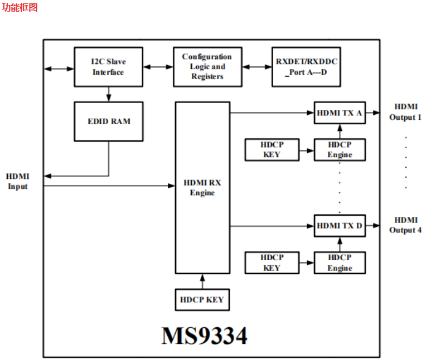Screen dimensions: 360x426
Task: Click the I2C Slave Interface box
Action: tap(108, 67)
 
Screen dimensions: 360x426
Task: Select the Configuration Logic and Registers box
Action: tap(207, 67)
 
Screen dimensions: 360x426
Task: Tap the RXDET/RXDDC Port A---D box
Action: tap(306, 67)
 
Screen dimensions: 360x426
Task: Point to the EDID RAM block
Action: tap(108, 121)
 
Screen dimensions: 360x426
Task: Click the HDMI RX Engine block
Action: tap(202, 187)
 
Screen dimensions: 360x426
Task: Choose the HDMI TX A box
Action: tap(339, 113)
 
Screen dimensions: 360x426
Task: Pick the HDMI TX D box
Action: tap(339, 226)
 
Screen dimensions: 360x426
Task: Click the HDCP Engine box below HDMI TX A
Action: tap(339, 149)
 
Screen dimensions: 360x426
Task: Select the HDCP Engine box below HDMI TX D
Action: tap(339, 262)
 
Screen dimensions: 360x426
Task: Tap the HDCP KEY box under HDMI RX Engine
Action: tap(202, 300)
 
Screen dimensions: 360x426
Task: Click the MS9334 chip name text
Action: tap(204, 336)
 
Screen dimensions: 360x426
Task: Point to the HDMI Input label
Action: tap(18, 182)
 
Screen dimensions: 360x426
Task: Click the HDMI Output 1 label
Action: tap(405, 112)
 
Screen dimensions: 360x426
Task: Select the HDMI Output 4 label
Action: tap(405, 225)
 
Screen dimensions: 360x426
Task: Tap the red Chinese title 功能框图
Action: tap(20, 8)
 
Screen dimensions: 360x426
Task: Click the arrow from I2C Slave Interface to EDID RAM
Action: tap(108, 94)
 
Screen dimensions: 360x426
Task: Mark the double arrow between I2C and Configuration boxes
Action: tap(158, 67)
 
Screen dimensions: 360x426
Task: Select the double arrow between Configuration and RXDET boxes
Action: tap(256, 67)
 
